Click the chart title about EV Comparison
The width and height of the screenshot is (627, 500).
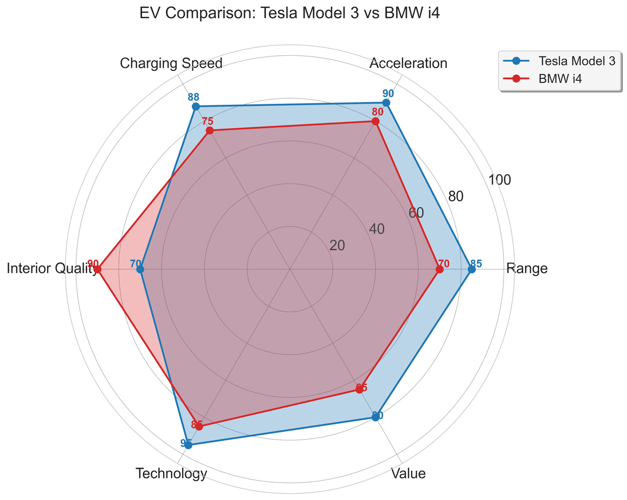pyautogui.click(x=289, y=13)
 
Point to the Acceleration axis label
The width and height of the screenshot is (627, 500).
pyautogui.click(x=409, y=63)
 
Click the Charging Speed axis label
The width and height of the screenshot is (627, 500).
pyautogui.click(x=171, y=63)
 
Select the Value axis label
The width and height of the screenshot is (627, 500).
pyautogui.click(x=408, y=474)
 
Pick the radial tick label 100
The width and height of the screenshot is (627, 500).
pyautogui.click(x=500, y=180)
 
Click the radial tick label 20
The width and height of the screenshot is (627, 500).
pyautogui.click(x=337, y=245)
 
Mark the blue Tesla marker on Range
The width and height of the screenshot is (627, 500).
pyautogui.click(x=472, y=269)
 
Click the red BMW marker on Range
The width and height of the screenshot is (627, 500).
pyautogui.click(x=440, y=269)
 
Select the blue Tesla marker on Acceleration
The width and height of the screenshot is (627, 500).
pyautogui.click(x=386, y=103)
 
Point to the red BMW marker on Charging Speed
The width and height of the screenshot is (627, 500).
pyautogui.click(x=210, y=131)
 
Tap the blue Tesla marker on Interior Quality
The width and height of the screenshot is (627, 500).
pyautogui.click(x=140, y=269)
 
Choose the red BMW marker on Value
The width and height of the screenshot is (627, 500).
pyautogui.click(x=360, y=389)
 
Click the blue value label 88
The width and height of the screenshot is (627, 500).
pyautogui.click(x=193, y=97)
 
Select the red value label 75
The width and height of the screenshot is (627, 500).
pyautogui.click(x=207, y=121)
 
